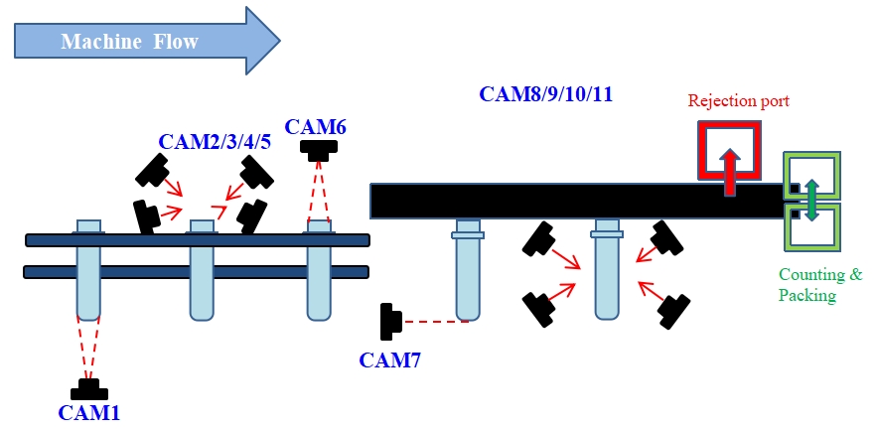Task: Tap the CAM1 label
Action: pos(89,411)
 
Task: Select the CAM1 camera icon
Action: pos(89,388)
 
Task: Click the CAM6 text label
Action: pos(316,127)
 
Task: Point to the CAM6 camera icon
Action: pos(318,149)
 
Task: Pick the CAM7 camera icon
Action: pos(390,322)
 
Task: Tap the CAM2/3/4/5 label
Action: pos(215,141)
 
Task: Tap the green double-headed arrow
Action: pos(811,200)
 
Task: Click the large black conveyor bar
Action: pos(576,201)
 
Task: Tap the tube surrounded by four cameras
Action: pos(607,273)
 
